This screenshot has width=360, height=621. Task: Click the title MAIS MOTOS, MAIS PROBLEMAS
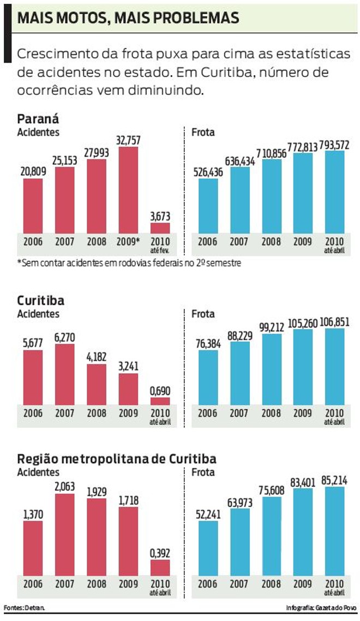128,17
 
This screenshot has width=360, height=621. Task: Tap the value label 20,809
33,172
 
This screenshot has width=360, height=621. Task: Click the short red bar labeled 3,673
160,228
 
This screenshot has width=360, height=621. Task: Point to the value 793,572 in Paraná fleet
334,144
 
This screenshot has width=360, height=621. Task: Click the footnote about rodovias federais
129,263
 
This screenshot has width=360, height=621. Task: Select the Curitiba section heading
41,301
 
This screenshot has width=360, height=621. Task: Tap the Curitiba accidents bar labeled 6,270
65,374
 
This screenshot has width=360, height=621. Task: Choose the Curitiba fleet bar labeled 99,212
272,369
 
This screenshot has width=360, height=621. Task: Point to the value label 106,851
334,321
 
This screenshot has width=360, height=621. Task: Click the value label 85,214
334,480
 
